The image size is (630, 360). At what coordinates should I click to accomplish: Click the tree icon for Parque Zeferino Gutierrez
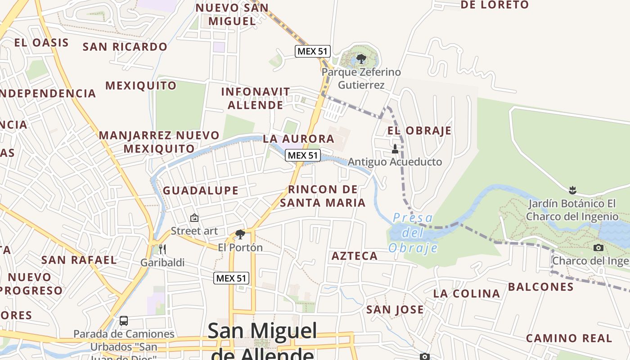click(361, 58)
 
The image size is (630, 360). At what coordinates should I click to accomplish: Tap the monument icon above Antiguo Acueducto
click(395, 148)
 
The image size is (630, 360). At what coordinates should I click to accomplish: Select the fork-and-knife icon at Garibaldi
click(162, 249)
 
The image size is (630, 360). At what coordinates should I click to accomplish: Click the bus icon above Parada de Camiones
click(124, 321)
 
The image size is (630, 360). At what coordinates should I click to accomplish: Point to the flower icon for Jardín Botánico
click(572, 189)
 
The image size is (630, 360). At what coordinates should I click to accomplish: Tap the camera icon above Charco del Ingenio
click(598, 247)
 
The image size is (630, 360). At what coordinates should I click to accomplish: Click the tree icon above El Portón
click(240, 234)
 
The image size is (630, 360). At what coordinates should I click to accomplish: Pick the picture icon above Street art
click(194, 218)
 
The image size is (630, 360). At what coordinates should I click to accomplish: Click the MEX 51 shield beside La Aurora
click(303, 155)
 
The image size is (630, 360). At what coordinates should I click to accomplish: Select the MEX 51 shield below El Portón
click(231, 278)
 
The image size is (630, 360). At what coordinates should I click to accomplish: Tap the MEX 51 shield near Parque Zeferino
click(313, 51)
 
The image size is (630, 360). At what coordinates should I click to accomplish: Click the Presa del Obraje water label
click(413, 233)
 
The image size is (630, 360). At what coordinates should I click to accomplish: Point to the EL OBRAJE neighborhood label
click(419, 131)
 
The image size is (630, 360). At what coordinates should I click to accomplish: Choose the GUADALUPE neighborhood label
click(201, 190)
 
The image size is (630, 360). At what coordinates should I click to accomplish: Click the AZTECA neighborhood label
click(355, 256)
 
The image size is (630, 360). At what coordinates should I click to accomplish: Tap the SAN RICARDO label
click(125, 47)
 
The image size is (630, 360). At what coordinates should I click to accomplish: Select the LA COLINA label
click(467, 294)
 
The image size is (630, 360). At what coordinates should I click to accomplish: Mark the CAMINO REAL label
click(569, 338)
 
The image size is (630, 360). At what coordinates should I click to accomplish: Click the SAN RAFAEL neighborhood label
click(79, 260)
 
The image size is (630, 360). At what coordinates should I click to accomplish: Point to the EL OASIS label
click(41, 43)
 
